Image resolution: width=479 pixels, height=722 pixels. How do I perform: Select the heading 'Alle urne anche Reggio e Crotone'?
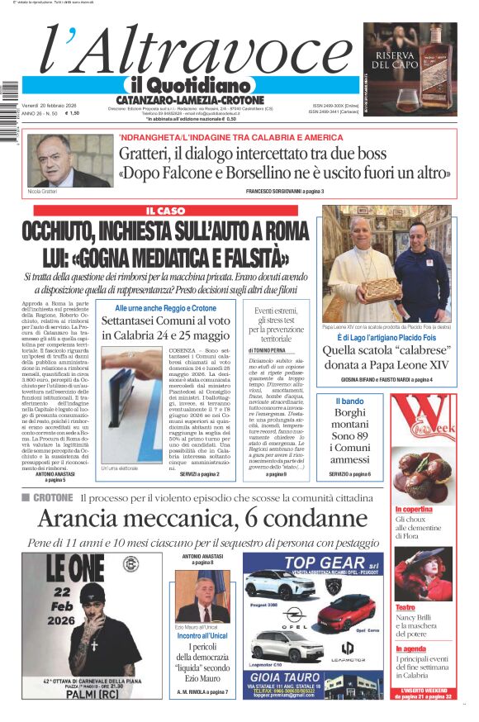tap(165, 308)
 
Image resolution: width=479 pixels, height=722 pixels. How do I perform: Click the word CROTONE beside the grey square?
tap(52, 497)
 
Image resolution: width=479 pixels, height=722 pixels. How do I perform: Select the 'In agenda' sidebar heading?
tap(410, 649)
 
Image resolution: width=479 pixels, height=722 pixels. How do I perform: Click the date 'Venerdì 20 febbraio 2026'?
tap(50, 106)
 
